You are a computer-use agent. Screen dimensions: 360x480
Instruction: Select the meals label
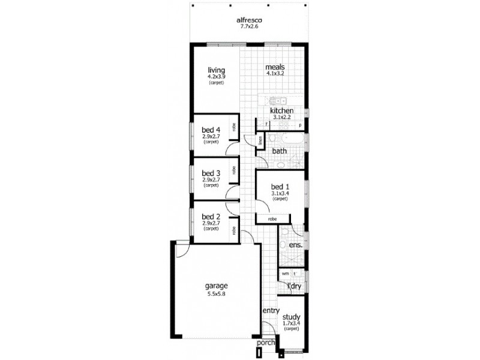point(275,67)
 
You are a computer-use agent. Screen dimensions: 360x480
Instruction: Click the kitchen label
point(281,112)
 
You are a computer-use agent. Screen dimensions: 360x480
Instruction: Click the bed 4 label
point(211,130)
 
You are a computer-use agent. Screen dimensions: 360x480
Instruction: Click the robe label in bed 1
point(272,219)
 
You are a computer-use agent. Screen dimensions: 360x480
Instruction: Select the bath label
point(279,151)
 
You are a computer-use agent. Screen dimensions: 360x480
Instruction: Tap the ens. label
point(295,245)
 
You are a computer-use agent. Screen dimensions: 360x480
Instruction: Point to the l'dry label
point(293,286)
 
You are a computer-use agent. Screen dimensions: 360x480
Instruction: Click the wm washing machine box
point(285,274)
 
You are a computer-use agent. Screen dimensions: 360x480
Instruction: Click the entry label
point(271,310)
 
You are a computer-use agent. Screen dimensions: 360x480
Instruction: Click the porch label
point(265,343)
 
